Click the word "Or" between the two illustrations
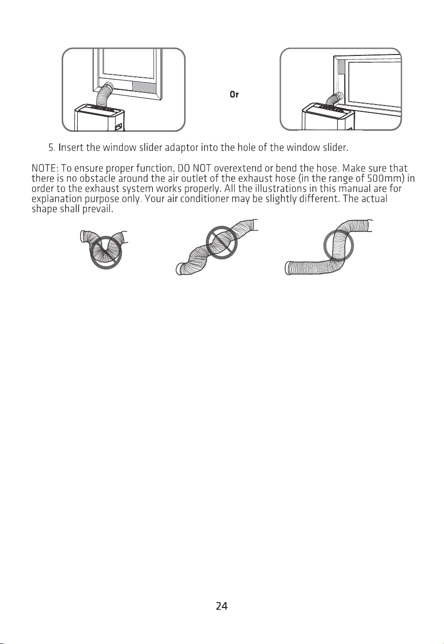point(234,94)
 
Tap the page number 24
point(222,606)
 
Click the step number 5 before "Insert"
point(51,148)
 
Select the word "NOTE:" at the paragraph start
point(45,168)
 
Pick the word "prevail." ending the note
point(98,209)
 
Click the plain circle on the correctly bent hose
point(324,246)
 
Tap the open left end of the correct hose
point(288,268)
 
